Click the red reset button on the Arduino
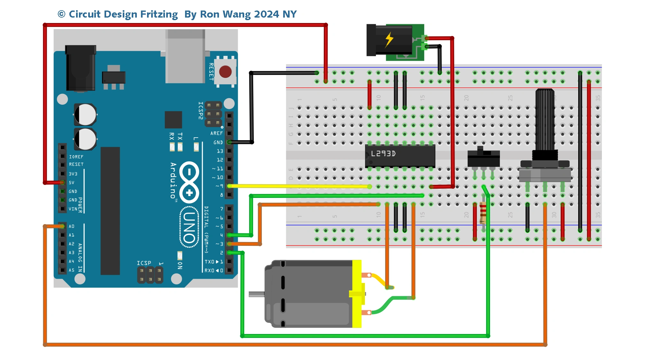click(225, 72)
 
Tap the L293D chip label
click(383, 154)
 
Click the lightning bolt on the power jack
click(389, 40)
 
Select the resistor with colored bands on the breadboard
click(483, 212)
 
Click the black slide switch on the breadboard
click(483, 158)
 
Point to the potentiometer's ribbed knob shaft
click(545, 118)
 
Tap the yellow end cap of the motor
click(357, 294)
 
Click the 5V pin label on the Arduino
click(72, 183)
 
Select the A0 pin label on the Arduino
click(72, 226)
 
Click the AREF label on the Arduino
click(216, 133)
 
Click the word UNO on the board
click(189, 227)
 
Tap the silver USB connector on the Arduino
click(185, 56)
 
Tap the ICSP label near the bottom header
click(144, 263)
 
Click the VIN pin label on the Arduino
click(73, 209)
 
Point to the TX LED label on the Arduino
click(180, 136)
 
